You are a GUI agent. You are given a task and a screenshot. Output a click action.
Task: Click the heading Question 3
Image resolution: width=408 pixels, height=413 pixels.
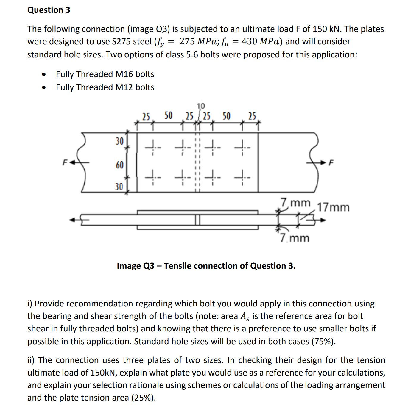click(x=49, y=10)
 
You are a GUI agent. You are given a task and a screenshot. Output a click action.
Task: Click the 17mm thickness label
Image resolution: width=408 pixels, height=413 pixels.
click(x=333, y=207)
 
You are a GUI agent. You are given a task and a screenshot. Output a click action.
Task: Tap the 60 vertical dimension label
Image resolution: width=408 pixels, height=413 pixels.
click(x=119, y=165)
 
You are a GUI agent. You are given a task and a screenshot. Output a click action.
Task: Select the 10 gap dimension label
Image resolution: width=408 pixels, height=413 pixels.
click(x=201, y=106)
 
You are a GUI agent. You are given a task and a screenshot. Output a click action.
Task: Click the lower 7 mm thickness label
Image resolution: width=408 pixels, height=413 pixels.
click(x=295, y=238)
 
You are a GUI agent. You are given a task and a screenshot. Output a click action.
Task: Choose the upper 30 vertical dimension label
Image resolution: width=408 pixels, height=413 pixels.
click(x=119, y=141)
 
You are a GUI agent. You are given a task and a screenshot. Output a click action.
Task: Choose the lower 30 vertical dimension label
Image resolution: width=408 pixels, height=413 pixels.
click(x=119, y=187)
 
